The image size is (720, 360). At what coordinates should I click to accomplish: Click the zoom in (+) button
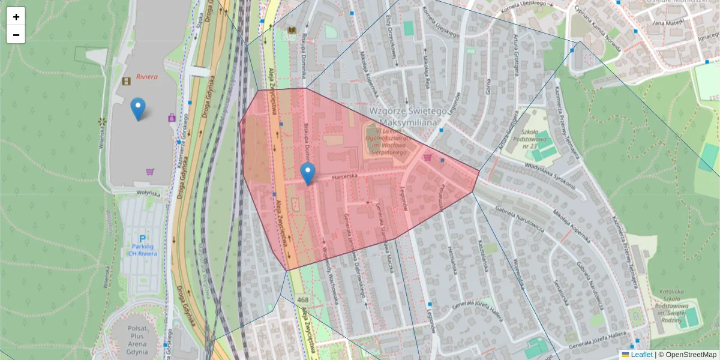pos(16,17)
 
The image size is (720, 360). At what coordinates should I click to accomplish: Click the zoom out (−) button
pos(16,35)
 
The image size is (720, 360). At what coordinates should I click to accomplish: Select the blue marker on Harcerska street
pos(308,173)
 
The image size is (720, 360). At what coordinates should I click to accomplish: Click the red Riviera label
pos(146,77)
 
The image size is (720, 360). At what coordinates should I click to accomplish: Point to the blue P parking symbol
pos(143,238)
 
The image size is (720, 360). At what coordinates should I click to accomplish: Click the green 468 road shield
pos(302,299)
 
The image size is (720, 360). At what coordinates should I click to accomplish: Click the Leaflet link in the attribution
pos(641,355)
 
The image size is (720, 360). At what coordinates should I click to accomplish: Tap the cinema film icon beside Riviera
pos(126,80)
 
